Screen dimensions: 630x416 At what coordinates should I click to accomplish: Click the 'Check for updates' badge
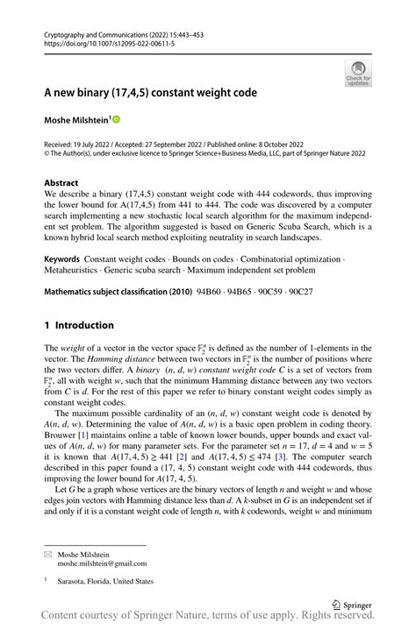click(x=358, y=74)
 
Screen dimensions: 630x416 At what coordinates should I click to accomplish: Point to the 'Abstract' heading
click(x=61, y=184)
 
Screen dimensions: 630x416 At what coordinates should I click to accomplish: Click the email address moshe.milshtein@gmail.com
click(x=104, y=563)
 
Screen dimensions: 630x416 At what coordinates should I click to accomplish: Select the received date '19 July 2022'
click(x=90, y=143)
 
